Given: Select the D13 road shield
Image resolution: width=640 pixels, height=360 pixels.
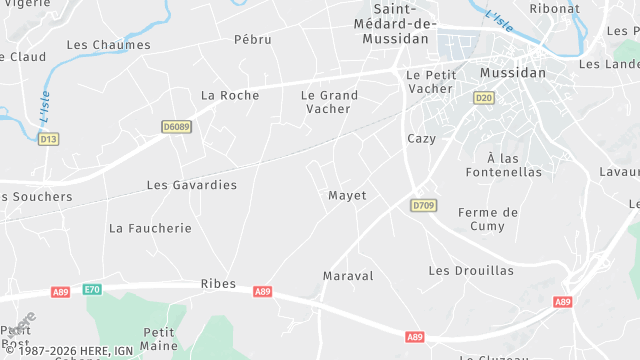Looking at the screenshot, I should click(48, 139).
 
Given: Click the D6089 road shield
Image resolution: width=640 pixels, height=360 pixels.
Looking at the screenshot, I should click(176, 127).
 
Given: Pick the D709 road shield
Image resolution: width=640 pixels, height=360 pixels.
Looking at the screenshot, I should click(423, 205).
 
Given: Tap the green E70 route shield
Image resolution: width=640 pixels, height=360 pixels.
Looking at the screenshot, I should click(93, 289).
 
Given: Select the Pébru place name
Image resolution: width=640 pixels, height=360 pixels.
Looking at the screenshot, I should click(253, 39).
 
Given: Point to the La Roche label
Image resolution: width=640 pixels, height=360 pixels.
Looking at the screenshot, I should click(230, 95).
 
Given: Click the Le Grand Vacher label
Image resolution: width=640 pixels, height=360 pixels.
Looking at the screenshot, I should click(329, 102).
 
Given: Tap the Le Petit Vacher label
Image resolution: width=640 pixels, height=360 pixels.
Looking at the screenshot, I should click(431, 81).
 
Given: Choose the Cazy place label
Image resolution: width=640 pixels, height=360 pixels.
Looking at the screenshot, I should click(422, 138).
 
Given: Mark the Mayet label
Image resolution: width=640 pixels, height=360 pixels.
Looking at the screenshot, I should click(347, 195).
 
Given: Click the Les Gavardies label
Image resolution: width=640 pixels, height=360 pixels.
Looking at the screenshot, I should click(192, 185).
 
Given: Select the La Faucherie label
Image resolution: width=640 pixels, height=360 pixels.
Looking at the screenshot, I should click(150, 228).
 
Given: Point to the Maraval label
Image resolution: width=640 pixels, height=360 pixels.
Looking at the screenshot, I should click(348, 275).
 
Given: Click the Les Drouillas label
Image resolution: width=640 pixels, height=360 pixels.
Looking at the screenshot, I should click(471, 271).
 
